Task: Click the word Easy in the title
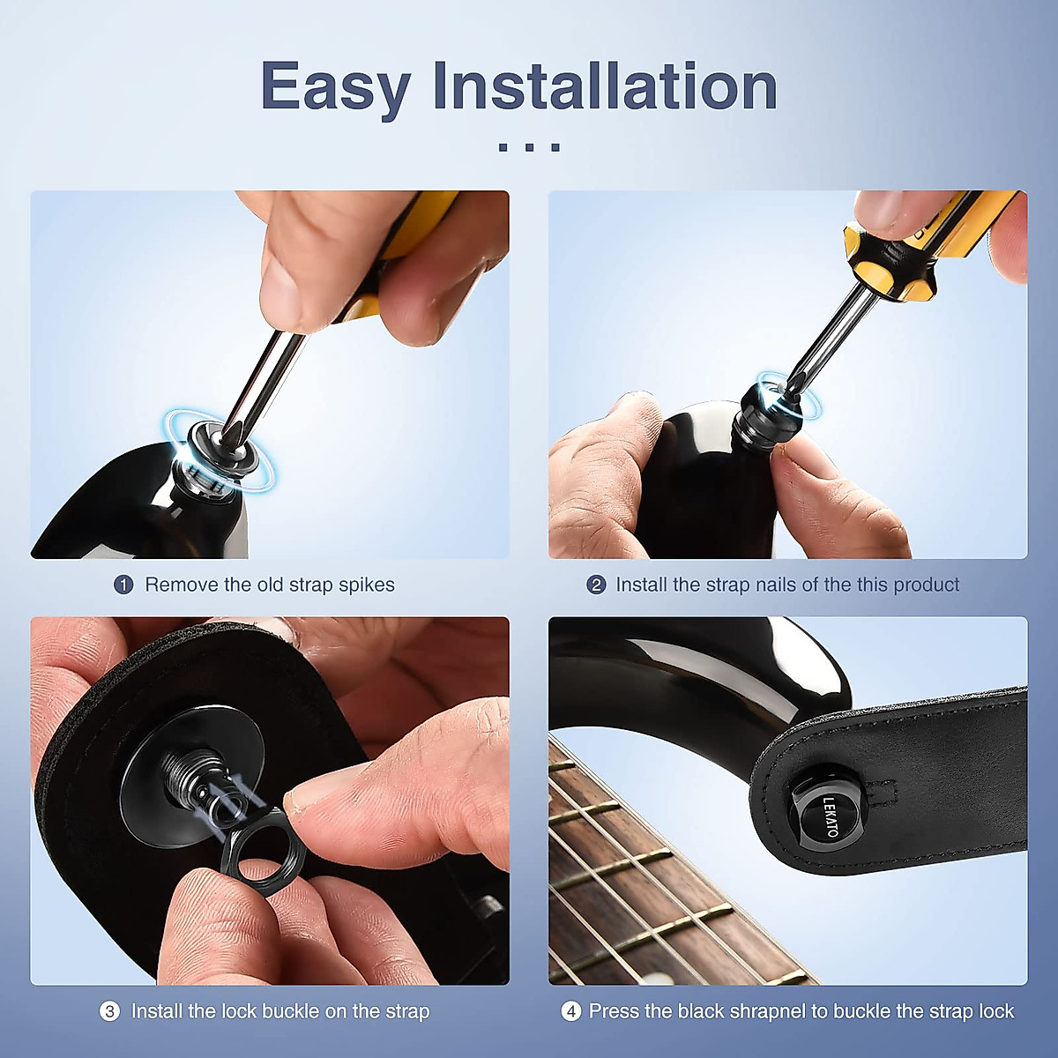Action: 336,87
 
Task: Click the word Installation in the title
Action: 605,86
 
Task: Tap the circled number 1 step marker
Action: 123,585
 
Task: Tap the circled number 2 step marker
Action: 596,585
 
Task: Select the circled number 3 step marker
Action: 109,1011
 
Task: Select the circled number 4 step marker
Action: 570,1011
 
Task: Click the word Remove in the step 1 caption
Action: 182,585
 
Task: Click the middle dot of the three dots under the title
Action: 529,147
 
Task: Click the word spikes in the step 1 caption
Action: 366,585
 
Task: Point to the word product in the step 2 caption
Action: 927,585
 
